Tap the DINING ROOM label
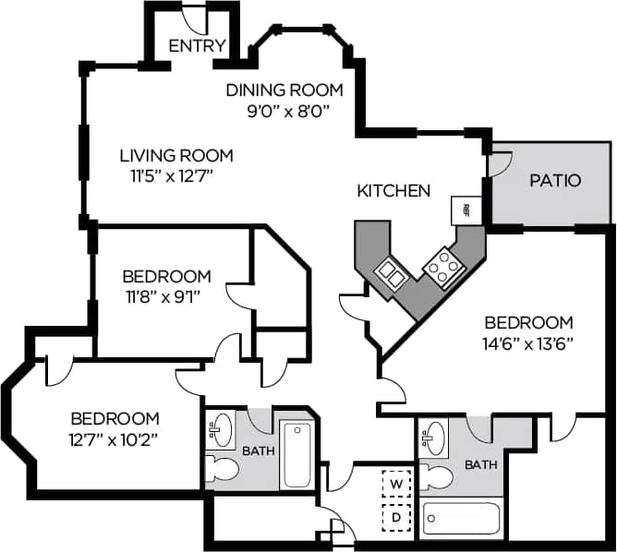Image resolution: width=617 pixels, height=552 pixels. click(x=284, y=90)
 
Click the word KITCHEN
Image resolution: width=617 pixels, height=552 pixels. click(x=393, y=191)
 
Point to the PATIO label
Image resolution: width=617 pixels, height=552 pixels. click(x=555, y=180)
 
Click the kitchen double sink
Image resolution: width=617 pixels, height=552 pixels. click(x=390, y=273)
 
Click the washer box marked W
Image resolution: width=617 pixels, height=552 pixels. click(x=398, y=484)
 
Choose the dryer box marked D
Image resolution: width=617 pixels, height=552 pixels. click(x=398, y=517)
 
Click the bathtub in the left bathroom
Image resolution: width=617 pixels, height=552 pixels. click(x=297, y=454)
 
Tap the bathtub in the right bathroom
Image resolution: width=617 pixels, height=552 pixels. click(x=461, y=518)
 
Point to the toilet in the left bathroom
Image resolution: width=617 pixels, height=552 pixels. click(x=221, y=467)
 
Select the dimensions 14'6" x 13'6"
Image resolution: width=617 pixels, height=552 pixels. click(x=529, y=343)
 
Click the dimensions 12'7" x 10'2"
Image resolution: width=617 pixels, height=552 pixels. click(x=115, y=439)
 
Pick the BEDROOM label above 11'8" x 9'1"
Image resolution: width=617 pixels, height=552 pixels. click(x=166, y=276)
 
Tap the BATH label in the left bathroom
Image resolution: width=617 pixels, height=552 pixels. click(x=258, y=451)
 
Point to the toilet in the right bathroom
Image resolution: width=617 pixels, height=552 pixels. click(x=439, y=477)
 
